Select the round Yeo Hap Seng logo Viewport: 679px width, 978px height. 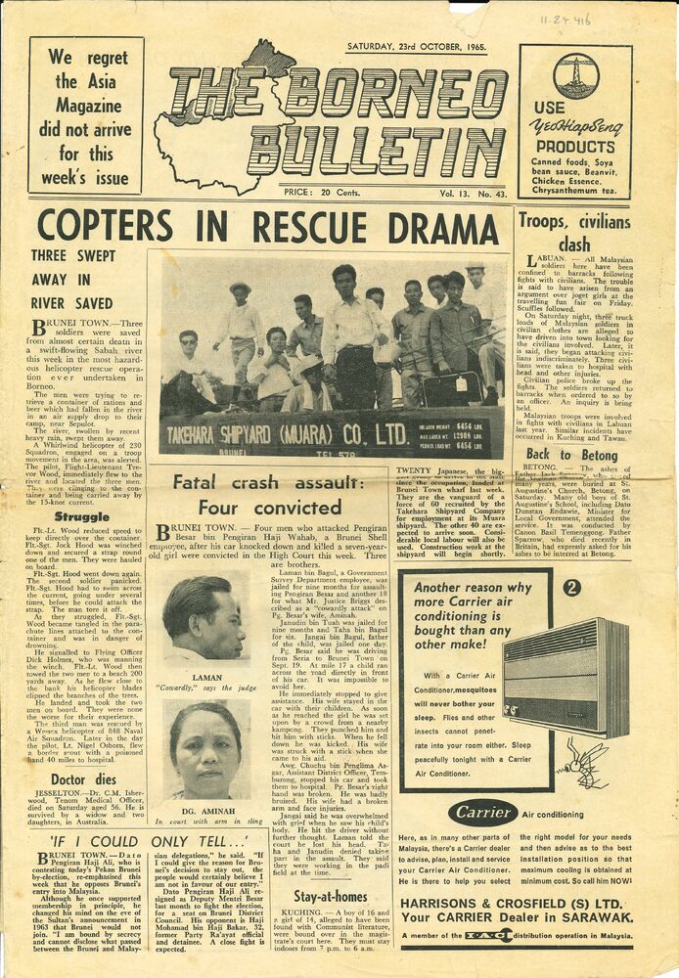575,75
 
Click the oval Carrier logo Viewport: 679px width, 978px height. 482,813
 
